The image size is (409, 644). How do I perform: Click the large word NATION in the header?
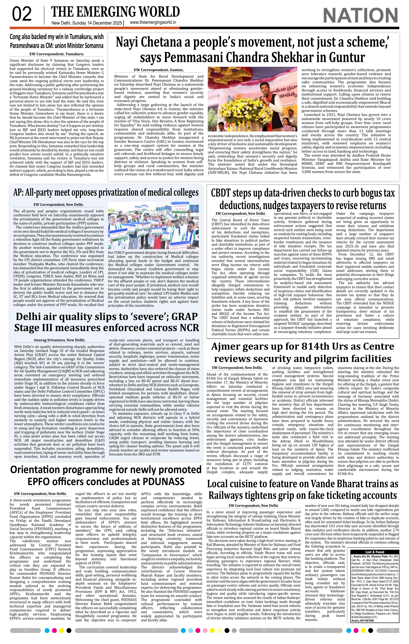tap(360, 15)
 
